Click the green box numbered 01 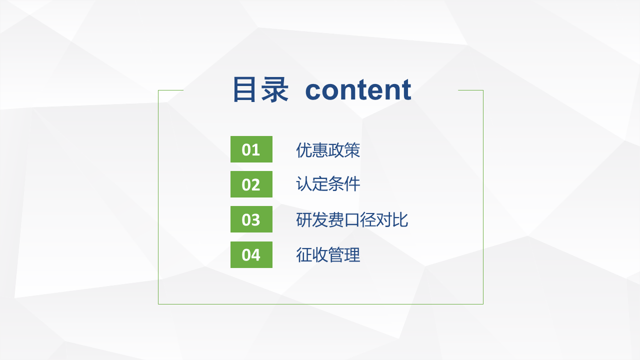pyautogui.click(x=251, y=149)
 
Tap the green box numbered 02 pyautogui.click(x=251, y=184)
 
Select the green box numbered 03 pyautogui.click(x=251, y=219)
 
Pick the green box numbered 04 pyautogui.click(x=251, y=254)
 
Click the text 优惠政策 pyautogui.click(x=328, y=150)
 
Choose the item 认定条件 pyautogui.click(x=328, y=183)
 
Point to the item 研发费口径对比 pyautogui.click(x=352, y=219)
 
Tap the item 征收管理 pyautogui.click(x=328, y=254)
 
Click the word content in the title pyautogui.click(x=358, y=90)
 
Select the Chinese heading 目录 pyautogui.click(x=261, y=89)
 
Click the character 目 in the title pyautogui.click(x=244, y=89)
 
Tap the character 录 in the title pyautogui.click(x=275, y=89)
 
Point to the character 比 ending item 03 pyautogui.click(x=400, y=219)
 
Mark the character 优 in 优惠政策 pyautogui.click(x=304, y=150)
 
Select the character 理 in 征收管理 pyautogui.click(x=352, y=254)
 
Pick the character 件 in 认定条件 pyautogui.click(x=352, y=183)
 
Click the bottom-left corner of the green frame pyautogui.click(x=158, y=304)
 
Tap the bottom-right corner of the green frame pyautogui.click(x=483, y=304)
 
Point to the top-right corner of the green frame pyautogui.click(x=483, y=90)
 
